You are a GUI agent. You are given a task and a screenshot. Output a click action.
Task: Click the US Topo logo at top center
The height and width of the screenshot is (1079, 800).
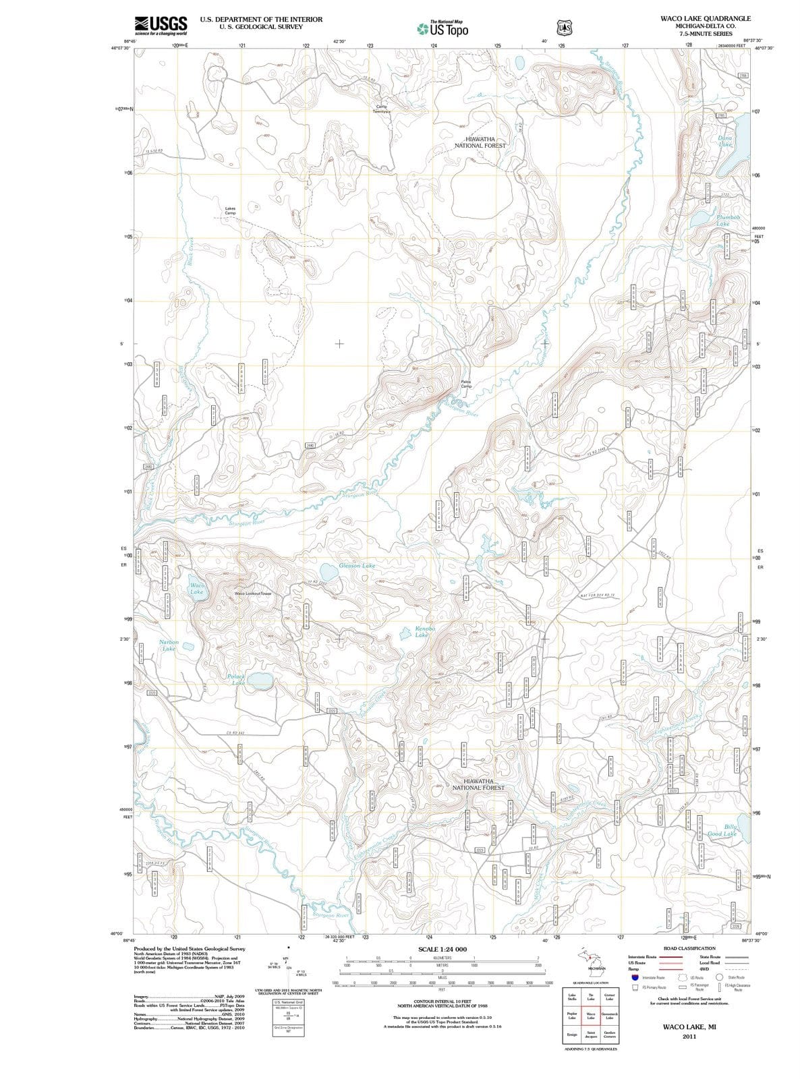tap(443, 28)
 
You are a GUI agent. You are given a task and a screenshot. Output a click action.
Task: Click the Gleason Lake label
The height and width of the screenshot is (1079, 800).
tap(357, 565)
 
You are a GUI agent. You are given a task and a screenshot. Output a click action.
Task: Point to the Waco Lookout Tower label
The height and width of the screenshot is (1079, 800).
tap(252, 593)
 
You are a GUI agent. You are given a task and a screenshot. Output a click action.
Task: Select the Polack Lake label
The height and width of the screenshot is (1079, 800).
tap(236, 679)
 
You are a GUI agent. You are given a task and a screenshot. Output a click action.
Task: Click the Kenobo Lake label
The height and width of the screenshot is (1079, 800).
tap(422, 631)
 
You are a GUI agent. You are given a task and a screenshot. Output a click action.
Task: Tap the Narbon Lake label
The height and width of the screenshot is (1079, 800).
tap(169, 645)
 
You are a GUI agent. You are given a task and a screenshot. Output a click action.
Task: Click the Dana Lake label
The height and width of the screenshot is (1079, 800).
tap(725, 141)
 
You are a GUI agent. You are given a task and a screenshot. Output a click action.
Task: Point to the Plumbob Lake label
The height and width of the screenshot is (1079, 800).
tap(728, 220)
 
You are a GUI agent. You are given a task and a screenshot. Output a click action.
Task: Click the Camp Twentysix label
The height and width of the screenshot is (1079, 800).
tap(381, 109)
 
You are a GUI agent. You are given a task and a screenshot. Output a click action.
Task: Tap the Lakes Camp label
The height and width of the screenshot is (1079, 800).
tap(230, 210)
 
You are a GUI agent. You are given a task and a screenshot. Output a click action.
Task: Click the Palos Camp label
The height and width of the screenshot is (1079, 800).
tap(466, 384)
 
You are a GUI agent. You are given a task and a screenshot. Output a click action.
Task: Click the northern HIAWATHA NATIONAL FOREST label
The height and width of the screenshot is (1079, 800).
tap(480, 142)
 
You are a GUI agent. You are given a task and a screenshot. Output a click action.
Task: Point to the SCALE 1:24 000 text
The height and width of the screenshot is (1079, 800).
tap(442, 949)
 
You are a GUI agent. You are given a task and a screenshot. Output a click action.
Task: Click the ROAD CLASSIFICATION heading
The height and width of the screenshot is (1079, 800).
tap(689, 948)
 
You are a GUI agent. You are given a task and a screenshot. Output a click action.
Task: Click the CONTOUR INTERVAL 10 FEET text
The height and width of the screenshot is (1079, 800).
tap(442, 1001)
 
